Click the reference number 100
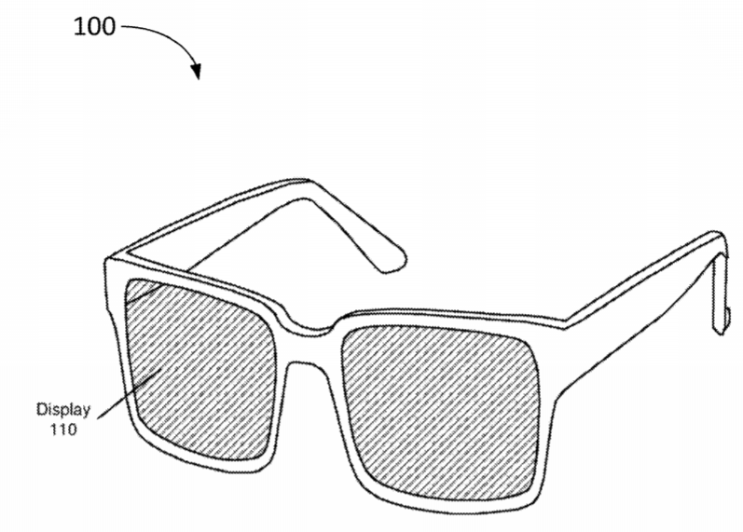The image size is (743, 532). click(x=94, y=26)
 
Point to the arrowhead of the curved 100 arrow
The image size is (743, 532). click(x=197, y=72)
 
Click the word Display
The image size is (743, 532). click(x=63, y=410)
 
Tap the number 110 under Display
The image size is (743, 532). click(x=63, y=430)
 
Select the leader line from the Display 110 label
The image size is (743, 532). click(x=130, y=394)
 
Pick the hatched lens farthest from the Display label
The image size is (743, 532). click(x=441, y=413)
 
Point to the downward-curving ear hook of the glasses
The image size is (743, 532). click(x=721, y=284)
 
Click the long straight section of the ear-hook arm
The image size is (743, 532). click(x=640, y=284)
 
